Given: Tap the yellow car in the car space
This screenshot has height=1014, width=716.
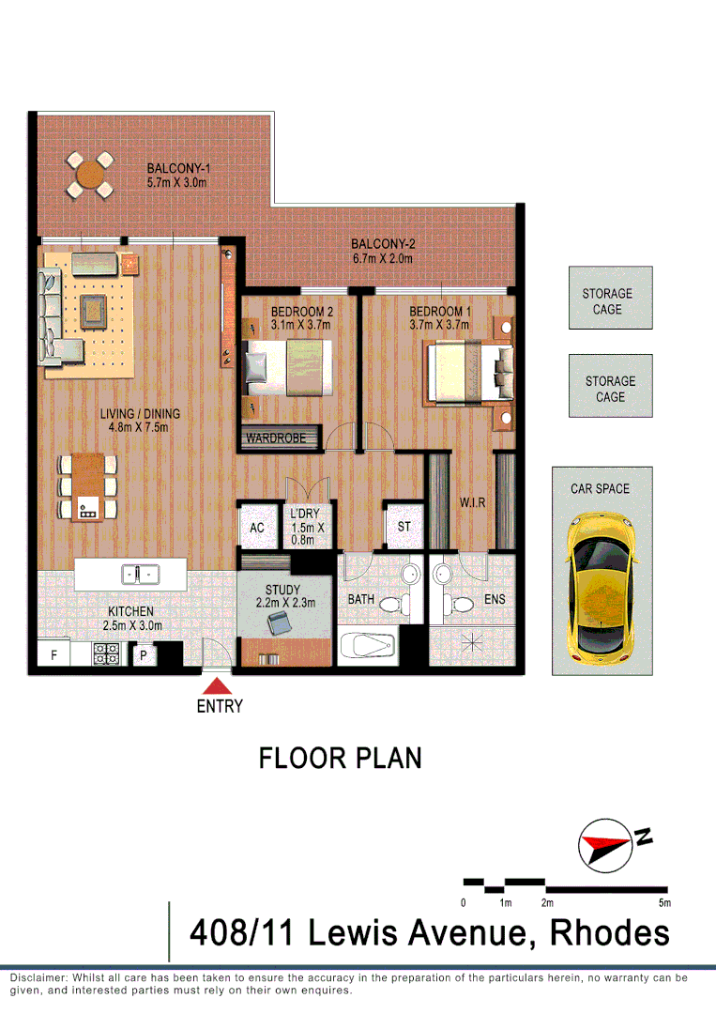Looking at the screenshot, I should coord(601,585).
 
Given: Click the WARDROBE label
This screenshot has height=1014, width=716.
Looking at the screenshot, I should coord(280,438).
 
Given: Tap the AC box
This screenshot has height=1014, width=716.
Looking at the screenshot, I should coord(256,528).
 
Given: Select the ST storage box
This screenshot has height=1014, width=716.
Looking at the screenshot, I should coord(404,527).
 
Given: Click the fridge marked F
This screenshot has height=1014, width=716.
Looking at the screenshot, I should coord(53,655).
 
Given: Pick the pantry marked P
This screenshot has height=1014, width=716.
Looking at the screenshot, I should coord(143,655).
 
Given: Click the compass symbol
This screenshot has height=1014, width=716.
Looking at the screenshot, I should coord(602,843).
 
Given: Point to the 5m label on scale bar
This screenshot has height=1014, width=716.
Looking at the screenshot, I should coord(664,903).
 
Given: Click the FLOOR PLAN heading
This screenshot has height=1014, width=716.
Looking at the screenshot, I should coord(340,759).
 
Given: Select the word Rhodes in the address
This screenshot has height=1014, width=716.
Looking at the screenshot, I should coord(609,933).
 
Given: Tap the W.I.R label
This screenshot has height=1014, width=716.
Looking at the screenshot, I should coord(472,503).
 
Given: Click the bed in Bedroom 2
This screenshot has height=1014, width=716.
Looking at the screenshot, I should coord(289,368).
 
